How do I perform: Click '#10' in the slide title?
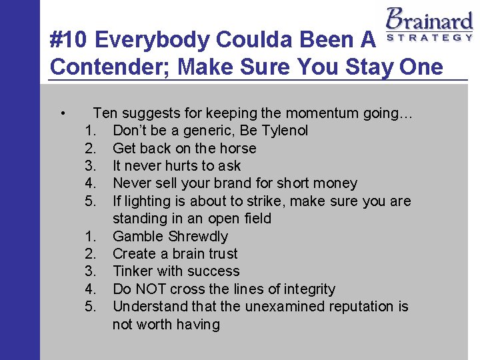(x=69, y=41)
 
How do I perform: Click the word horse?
(x=237, y=148)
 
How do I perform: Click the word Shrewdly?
(x=198, y=236)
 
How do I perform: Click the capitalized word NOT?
(x=151, y=289)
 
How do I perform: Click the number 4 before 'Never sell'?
(x=91, y=183)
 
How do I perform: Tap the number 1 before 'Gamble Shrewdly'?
(x=91, y=236)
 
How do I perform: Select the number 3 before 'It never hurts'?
(x=91, y=166)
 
